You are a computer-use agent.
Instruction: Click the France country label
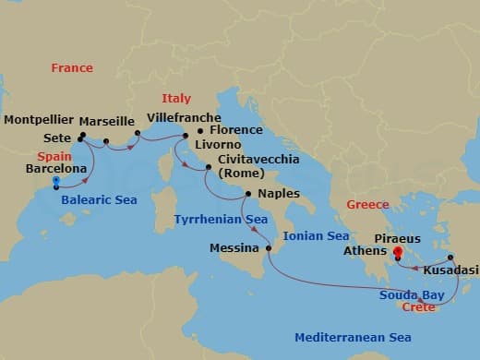pos(72,67)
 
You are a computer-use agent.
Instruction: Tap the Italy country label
pos(175,98)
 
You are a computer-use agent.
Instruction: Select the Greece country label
pos(366,204)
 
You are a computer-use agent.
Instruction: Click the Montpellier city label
pos(37,121)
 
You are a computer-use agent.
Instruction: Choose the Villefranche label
pos(184,118)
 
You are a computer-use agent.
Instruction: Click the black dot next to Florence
pos(201,131)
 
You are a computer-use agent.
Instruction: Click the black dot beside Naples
pos(246,194)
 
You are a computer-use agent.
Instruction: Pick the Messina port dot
pos(269,248)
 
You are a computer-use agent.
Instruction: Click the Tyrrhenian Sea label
pos(221,219)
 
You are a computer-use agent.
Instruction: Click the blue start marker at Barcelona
pos(57,182)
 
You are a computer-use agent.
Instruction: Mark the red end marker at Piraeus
pos(398,251)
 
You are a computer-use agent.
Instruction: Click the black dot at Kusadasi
pos(450,258)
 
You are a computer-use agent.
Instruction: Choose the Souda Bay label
pos(412,294)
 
